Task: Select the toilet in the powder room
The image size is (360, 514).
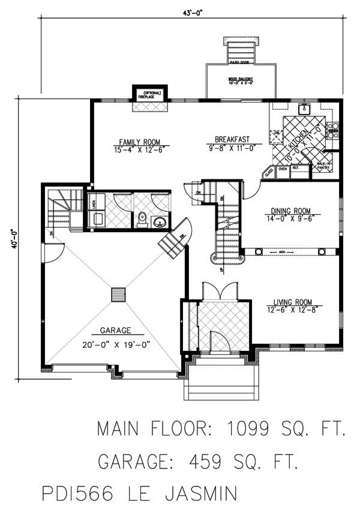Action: [x=142, y=220]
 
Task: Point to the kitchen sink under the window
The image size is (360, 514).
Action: [x=304, y=109]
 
